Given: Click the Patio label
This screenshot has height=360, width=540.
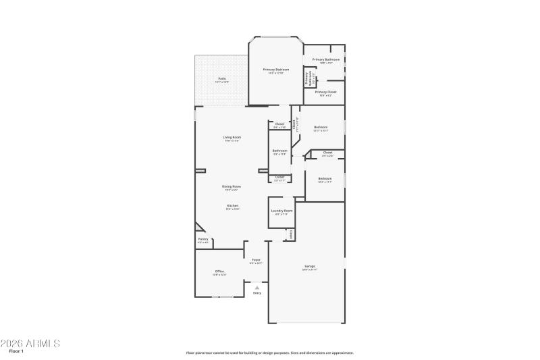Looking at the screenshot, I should coord(222,79).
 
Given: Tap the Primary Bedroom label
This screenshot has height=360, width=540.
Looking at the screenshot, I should coord(276,70).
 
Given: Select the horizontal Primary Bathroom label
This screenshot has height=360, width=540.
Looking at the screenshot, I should coord(325,59).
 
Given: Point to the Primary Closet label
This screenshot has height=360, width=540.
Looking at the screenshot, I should coord(325,92).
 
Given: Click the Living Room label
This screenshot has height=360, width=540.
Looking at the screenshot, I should coord(232,138).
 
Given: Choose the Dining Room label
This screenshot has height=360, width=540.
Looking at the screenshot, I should coord(232,186).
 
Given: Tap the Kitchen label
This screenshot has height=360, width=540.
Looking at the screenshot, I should coord(232,205).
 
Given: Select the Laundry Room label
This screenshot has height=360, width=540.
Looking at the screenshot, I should coord(282,211).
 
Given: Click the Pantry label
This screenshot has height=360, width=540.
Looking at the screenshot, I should coord(202,239).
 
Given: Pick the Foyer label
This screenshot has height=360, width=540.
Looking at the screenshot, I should coord(256,260).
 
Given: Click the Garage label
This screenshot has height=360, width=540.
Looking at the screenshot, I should coord(309,266).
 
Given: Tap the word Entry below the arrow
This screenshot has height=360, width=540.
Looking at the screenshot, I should coord(256,293).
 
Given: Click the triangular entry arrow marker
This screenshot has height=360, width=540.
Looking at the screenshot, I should coord(256,288).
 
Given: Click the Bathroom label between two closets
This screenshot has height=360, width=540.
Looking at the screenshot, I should coord(279,151).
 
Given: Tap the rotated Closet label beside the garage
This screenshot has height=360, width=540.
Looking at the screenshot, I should coord(290,234).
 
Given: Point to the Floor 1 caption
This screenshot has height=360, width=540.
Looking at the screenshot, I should coord(17,352).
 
